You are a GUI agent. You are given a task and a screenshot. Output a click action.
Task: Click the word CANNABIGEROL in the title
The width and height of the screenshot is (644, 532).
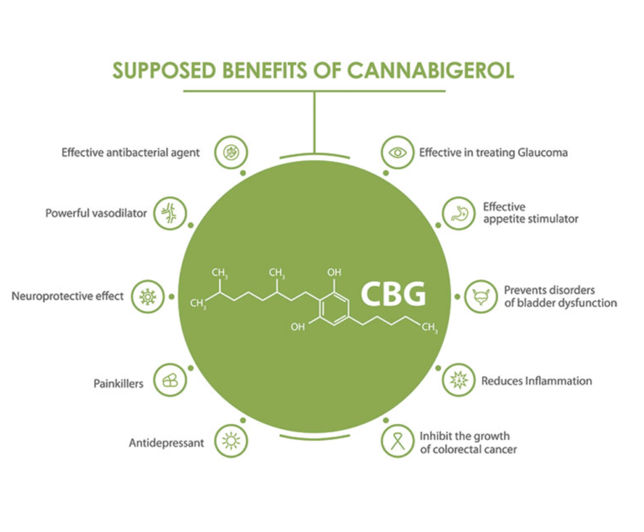430,70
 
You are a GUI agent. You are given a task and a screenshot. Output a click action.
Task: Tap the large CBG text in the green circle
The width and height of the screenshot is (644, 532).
393,294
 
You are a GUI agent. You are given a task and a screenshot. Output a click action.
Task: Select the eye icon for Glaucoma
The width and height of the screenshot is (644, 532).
397,152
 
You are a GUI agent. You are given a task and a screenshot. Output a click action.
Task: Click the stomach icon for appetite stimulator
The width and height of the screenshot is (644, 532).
458,213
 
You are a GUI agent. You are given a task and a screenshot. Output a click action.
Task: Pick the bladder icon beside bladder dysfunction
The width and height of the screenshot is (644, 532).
481,296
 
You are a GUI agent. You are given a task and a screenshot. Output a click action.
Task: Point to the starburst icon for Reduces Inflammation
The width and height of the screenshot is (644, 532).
458,380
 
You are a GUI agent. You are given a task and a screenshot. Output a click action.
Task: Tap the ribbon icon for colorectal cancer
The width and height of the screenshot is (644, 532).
397,441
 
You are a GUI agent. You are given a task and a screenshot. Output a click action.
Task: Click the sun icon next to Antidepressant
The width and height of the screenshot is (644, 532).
231,441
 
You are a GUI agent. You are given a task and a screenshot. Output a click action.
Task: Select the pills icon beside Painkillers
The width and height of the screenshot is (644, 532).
170,380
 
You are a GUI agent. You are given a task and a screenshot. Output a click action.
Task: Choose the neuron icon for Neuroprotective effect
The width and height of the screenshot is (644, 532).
148,296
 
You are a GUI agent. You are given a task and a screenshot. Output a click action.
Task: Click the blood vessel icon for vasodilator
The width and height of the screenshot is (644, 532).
170,213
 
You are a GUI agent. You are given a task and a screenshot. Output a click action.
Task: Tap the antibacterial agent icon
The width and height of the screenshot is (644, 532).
231,152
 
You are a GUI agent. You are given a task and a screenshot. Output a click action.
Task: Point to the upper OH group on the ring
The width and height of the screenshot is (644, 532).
335,272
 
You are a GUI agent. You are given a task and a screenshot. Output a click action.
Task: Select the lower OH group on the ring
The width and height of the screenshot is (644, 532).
297,326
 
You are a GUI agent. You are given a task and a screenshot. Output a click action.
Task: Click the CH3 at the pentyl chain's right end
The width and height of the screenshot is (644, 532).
430,328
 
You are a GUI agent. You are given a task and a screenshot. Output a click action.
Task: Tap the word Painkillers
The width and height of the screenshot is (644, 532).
118,384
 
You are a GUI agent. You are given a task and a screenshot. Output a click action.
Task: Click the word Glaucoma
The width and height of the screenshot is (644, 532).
543,152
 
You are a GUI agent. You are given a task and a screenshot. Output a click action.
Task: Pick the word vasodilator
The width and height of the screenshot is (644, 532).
119,213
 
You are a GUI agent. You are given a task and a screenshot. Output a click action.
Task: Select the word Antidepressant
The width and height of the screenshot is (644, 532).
166,443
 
